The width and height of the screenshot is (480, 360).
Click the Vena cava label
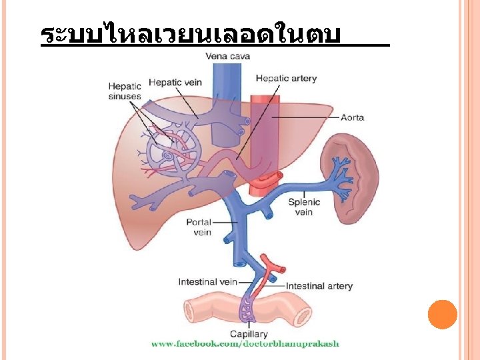(228, 56)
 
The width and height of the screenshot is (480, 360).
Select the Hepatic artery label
(286, 78)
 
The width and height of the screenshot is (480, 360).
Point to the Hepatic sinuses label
(125, 91)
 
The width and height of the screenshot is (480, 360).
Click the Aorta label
(352, 117)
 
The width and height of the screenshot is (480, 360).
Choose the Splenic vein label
(303, 207)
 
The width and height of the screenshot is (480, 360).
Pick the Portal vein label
(199, 227)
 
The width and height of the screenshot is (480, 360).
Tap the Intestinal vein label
(208, 282)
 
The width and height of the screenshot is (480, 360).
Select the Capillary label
(249, 334)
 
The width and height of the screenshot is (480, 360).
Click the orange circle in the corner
(442, 315)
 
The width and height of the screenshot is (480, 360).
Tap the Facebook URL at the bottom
(245, 344)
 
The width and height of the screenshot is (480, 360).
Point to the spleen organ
(350, 176)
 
